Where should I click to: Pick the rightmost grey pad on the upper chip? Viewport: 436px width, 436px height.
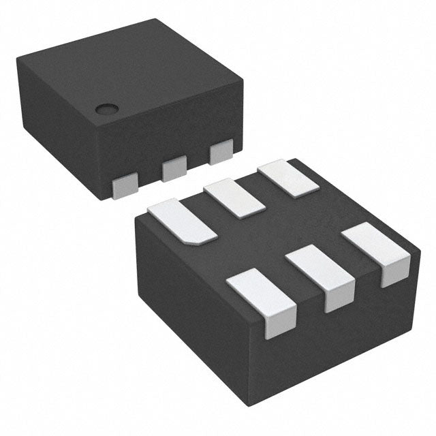tap(221, 152)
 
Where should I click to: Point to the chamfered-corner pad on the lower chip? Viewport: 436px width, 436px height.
tap(182, 219)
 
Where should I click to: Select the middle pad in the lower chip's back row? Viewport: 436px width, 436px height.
tap(235, 198)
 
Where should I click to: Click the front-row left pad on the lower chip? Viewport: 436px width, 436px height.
tap(261, 294)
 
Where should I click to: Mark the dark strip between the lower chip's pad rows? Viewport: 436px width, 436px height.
tap(272, 235)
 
